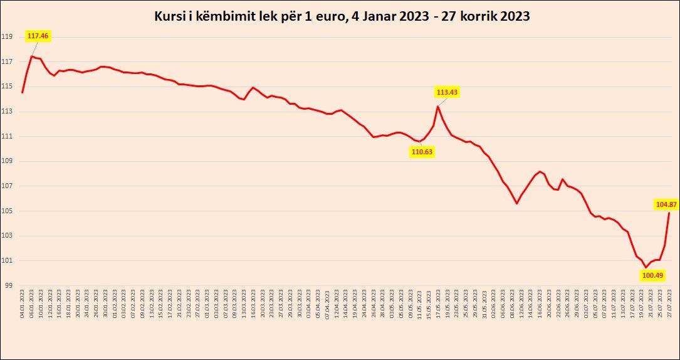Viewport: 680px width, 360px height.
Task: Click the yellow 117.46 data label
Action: pyautogui.click(x=38, y=36)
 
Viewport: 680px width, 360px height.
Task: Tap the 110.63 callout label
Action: pyautogui.click(x=422, y=151)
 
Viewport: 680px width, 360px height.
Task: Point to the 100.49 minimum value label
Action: pyautogui.click(x=652, y=275)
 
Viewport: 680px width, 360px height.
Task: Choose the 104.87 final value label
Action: pyautogui.click(x=666, y=204)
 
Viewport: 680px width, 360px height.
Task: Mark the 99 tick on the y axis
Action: pyautogui.click(x=8, y=285)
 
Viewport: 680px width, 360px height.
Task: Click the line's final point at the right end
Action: pyautogui.click(x=669, y=213)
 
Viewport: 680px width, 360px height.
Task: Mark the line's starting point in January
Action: pyautogui.click(x=23, y=92)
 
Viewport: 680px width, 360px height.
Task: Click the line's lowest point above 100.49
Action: pyautogui.click(x=646, y=267)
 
